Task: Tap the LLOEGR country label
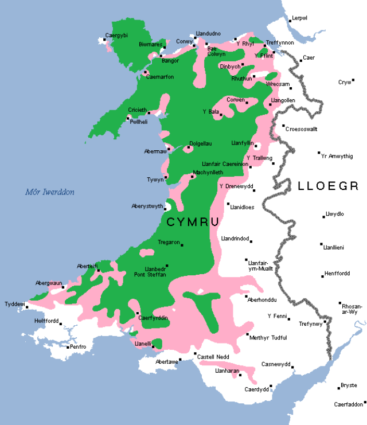click(x=328, y=186)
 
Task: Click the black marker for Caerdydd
click(x=271, y=386)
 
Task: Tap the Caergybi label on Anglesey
click(x=116, y=36)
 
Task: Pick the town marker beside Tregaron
click(x=182, y=245)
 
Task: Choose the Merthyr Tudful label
click(x=268, y=338)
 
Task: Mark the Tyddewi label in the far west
click(x=15, y=304)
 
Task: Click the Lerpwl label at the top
click(x=300, y=18)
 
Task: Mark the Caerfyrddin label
click(x=152, y=318)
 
